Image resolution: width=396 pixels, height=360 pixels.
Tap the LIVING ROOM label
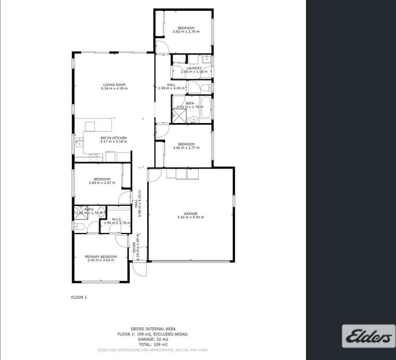click(x=114, y=84)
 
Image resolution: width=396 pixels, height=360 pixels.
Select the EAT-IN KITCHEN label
click(x=114, y=138)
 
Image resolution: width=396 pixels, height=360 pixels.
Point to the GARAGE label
click(x=191, y=213)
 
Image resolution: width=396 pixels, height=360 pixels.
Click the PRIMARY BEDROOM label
click(x=101, y=257)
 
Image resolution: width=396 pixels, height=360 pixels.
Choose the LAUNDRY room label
click(x=194, y=68)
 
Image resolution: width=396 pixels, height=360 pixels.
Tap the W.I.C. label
click(x=117, y=219)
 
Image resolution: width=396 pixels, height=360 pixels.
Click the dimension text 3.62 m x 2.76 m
click(x=186, y=31)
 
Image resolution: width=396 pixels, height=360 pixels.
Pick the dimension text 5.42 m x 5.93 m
click(x=191, y=217)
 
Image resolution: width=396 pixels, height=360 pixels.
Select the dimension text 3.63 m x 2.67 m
click(x=102, y=183)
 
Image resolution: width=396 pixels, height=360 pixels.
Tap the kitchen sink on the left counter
click(x=80, y=142)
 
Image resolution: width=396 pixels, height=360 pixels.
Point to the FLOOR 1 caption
click(x=79, y=297)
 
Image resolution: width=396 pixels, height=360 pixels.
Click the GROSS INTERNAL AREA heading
click(x=153, y=329)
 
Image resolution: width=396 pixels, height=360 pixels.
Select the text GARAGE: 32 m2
click(x=153, y=340)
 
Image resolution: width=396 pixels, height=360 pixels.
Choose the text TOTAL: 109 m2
click(x=153, y=345)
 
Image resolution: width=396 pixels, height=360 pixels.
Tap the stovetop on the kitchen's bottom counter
click(x=95, y=156)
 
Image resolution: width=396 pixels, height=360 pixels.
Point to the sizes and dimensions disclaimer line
click(x=153, y=350)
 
